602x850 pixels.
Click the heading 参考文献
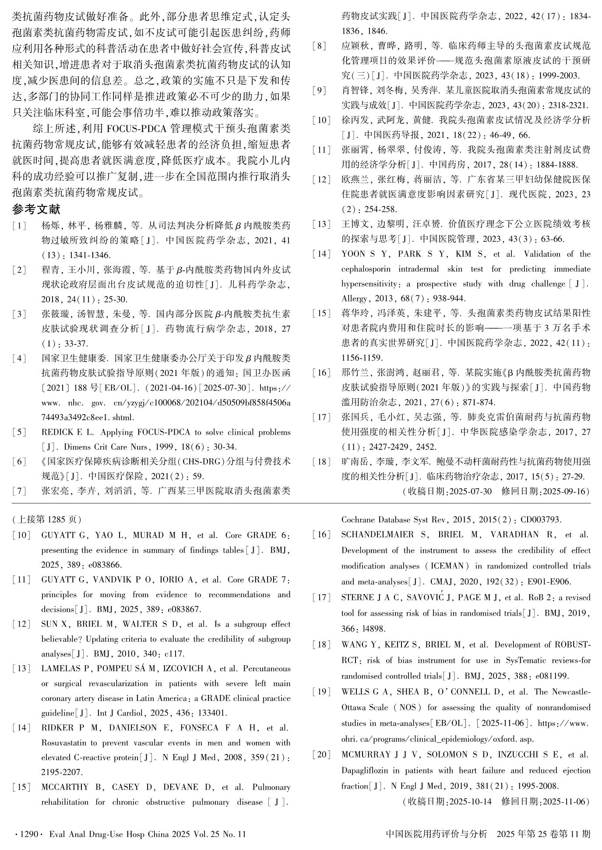tap(36, 209)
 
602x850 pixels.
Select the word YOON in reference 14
tap(353, 254)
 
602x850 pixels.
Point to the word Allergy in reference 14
tap(354, 299)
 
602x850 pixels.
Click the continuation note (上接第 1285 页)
tap(47, 520)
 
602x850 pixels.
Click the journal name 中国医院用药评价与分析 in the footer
tap(436, 834)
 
